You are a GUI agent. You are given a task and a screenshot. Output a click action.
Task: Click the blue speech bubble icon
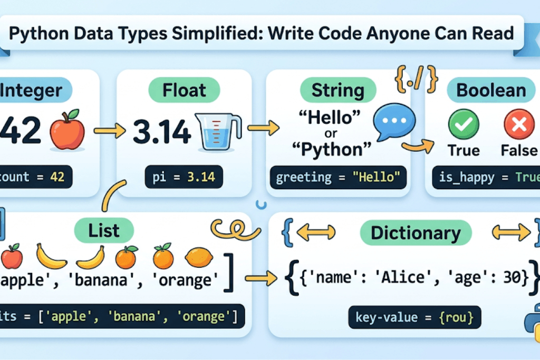(x=391, y=121)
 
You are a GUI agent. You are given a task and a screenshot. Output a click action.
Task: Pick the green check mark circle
(x=463, y=124)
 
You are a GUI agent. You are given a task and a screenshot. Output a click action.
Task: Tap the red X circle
(x=519, y=124)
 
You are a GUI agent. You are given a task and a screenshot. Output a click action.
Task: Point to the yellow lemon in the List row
(x=198, y=258)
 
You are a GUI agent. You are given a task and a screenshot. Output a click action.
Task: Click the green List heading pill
(x=104, y=230)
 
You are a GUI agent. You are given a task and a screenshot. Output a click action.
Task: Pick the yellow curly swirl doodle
(x=230, y=228)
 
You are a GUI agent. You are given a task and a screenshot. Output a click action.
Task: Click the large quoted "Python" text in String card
(x=332, y=150)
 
